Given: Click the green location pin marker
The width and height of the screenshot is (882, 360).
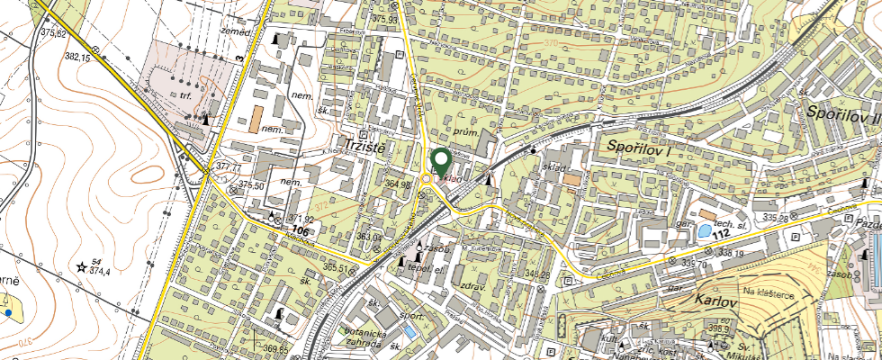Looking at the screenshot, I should tap(441, 160).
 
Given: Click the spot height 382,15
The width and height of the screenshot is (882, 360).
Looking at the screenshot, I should tap(78, 57).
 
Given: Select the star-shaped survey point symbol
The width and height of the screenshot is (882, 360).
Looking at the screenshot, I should tap(82, 266).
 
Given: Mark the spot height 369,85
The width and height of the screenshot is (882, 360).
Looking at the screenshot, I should tap(276, 348).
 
